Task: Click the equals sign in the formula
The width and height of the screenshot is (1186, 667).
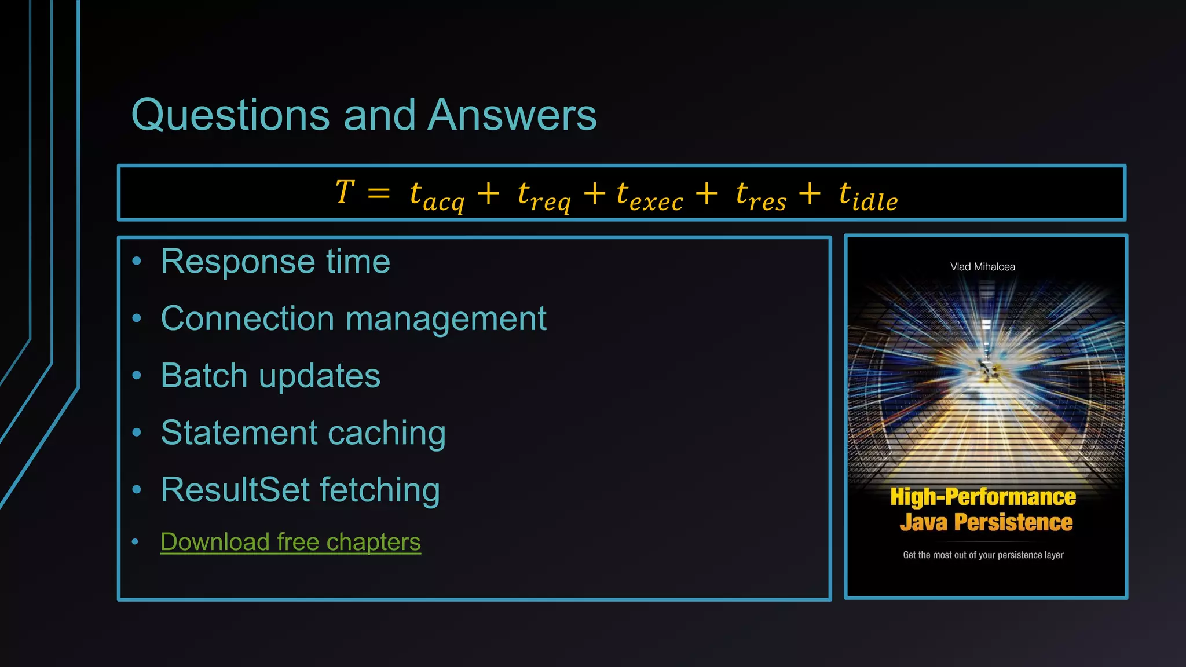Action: click(x=378, y=193)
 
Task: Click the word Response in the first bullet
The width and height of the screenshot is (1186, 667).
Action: click(x=237, y=262)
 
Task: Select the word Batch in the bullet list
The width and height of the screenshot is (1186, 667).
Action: click(x=204, y=376)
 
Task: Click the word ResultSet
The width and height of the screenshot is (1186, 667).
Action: click(x=235, y=490)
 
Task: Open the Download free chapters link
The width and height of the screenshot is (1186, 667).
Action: click(x=290, y=542)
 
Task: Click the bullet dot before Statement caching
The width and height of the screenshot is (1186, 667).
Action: click(x=137, y=433)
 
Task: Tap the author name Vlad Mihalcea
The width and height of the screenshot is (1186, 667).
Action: click(x=982, y=267)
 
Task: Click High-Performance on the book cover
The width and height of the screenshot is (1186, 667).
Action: click(x=983, y=497)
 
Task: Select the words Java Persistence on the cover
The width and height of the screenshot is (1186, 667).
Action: click(x=986, y=522)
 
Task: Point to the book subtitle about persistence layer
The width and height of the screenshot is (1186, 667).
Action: click(x=983, y=555)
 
